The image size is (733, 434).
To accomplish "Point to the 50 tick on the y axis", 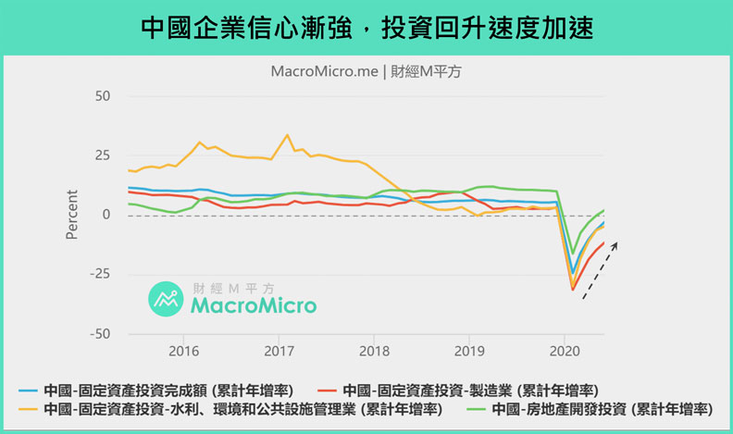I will coord(102,95).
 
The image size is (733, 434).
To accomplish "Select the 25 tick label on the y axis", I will coord(102,155).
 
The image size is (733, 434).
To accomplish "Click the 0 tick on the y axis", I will coord(106,215).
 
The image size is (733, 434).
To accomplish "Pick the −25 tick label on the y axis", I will coord(99,274).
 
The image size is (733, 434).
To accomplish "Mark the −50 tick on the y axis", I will coord(99,333).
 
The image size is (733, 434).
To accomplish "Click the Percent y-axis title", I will coord(72,215).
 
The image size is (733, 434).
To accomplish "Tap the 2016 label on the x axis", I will coord(184,353).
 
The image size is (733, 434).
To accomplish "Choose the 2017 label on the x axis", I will coord(279,353).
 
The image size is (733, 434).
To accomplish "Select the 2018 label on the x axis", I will coord(374,353).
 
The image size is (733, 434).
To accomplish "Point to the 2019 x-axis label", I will coord(469,353).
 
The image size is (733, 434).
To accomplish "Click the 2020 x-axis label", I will coord(565,353).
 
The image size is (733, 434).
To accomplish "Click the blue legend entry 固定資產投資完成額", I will coord(143,390).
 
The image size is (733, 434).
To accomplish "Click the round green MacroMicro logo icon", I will coord(167,297).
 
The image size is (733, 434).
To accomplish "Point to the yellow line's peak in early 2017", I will coord(287,135).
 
